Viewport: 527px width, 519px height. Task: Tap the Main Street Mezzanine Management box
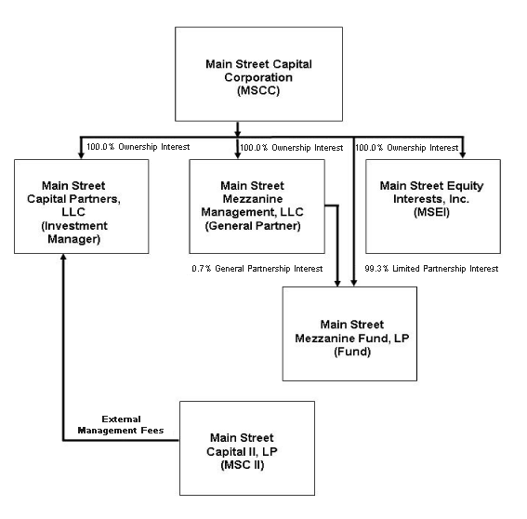pos(257,206)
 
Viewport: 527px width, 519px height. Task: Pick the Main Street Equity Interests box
pos(432,206)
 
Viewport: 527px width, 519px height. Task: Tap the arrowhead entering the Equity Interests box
pos(464,153)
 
